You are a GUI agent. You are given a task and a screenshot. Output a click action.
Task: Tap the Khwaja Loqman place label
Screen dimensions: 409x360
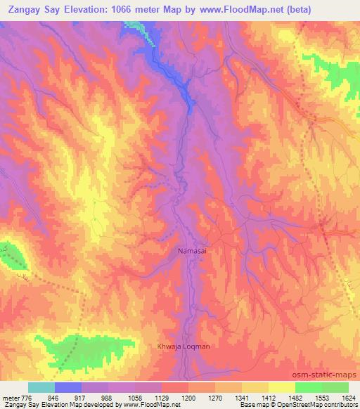(x=183, y=346)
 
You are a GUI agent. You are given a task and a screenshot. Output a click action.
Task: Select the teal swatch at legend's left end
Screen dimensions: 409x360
(x=41, y=387)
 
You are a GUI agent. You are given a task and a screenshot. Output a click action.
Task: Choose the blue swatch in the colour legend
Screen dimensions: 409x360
(x=68, y=387)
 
